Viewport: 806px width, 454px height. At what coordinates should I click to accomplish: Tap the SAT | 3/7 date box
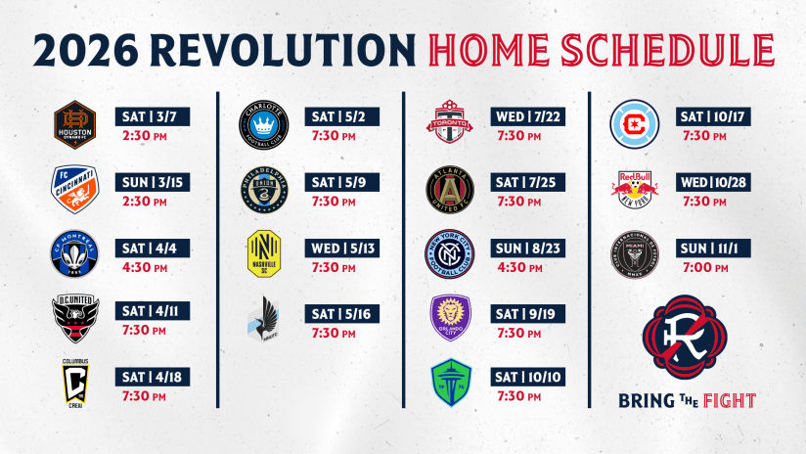[153, 116]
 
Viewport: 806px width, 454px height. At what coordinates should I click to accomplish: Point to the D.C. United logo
[74, 314]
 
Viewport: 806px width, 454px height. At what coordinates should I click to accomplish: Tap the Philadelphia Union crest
[264, 188]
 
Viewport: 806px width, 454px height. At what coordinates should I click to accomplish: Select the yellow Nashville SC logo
[264, 252]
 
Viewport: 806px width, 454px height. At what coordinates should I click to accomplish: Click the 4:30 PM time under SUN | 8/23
[519, 266]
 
